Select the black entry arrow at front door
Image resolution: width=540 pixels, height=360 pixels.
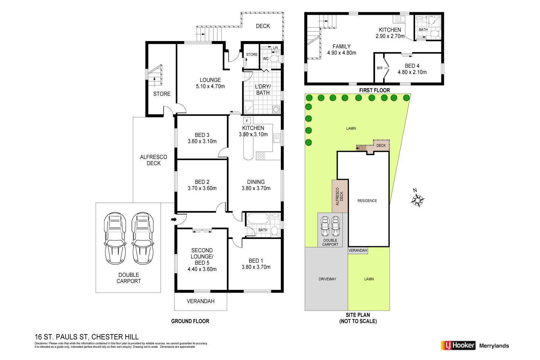pos(174,219)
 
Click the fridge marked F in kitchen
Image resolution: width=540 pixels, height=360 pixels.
pos(247,121)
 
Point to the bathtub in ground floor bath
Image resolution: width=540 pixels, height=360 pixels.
pos(258,219)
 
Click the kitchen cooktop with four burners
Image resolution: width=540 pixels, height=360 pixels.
pos(261,156)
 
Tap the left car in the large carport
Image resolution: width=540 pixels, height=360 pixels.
pos(115,238)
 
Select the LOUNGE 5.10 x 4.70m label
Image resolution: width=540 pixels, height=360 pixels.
pos(210,83)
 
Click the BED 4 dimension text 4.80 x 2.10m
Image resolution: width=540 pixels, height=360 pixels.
pos(412,72)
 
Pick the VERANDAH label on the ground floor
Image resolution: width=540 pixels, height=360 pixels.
pos(201,301)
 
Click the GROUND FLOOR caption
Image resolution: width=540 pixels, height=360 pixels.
pos(190,321)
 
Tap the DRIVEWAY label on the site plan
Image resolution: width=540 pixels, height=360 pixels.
pos(327,279)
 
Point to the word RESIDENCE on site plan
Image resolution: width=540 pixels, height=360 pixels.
pos(367,201)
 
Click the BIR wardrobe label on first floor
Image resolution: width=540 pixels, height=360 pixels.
pos(379,68)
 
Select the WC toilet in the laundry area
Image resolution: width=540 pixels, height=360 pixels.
pos(274,59)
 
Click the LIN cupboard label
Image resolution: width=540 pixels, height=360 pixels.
pos(275,48)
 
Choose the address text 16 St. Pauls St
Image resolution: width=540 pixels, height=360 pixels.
pos(86,337)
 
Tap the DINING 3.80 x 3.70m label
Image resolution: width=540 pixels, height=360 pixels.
pos(256,185)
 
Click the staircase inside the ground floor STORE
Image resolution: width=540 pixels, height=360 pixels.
pos(156,76)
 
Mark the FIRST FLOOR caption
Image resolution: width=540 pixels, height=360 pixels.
pos(374,90)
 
